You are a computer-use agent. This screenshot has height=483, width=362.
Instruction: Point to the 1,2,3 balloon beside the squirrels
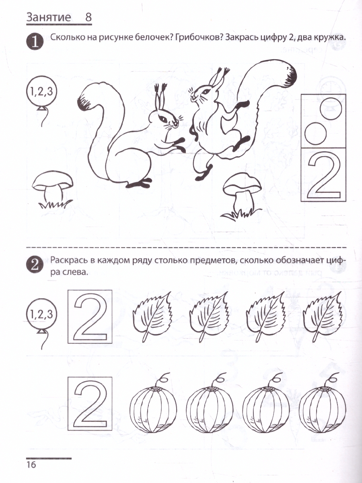click(41, 92)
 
